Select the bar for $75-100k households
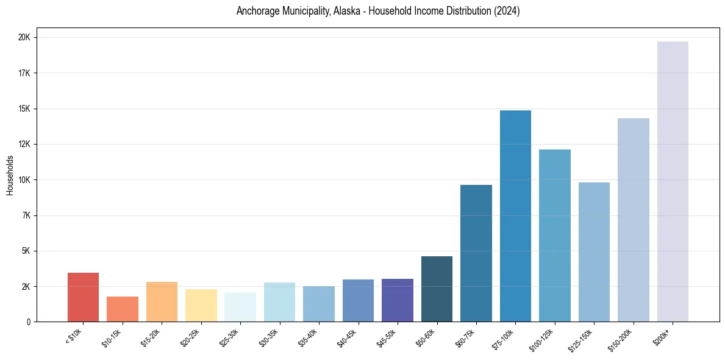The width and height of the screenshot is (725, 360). pyautogui.click(x=515, y=216)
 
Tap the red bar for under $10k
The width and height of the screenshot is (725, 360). pyautogui.click(x=83, y=297)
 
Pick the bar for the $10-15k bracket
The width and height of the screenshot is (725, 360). pyautogui.click(x=123, y=309)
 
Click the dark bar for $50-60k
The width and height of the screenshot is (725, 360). pyautogui.click(x=437, y=289)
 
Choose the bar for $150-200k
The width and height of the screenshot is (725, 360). pyautogui.click(x=633, y=220)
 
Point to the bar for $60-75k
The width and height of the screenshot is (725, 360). pyautogui.click(x=476, y=253)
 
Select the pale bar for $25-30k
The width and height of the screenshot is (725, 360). pyautogui.click(x=240, y=307)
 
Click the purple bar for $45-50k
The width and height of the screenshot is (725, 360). pyautogui.click(x=397, y=300)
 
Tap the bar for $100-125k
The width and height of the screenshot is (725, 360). pyautogui.click(x=554, y=236)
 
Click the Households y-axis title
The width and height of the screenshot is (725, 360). pyautogui.click(x=10, y=175)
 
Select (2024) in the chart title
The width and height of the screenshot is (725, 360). pyautogui.click(x=508, y=12)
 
